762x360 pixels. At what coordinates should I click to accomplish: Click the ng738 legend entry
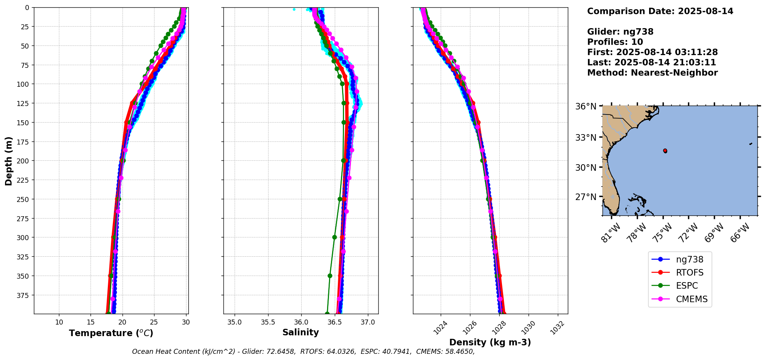690,259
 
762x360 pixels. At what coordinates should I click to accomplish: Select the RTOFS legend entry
690,273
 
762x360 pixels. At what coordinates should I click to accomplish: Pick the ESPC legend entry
687,286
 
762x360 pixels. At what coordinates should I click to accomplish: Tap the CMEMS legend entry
692,299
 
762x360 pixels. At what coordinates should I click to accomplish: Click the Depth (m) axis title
8,161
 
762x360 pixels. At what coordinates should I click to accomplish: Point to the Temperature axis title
111,333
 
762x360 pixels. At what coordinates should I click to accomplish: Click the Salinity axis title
300,332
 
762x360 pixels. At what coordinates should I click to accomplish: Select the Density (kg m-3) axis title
490,342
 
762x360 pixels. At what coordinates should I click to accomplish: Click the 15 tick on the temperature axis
91,322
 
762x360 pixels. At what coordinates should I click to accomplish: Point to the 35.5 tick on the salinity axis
268,322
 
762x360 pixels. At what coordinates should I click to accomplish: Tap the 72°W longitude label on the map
688,232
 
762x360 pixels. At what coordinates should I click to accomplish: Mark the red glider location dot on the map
665,151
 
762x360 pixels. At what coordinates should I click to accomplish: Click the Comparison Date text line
660,11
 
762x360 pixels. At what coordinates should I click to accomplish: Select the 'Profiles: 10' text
615,42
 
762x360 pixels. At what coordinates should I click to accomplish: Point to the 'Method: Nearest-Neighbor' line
652,73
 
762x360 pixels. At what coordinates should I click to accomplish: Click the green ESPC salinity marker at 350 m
330,276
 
